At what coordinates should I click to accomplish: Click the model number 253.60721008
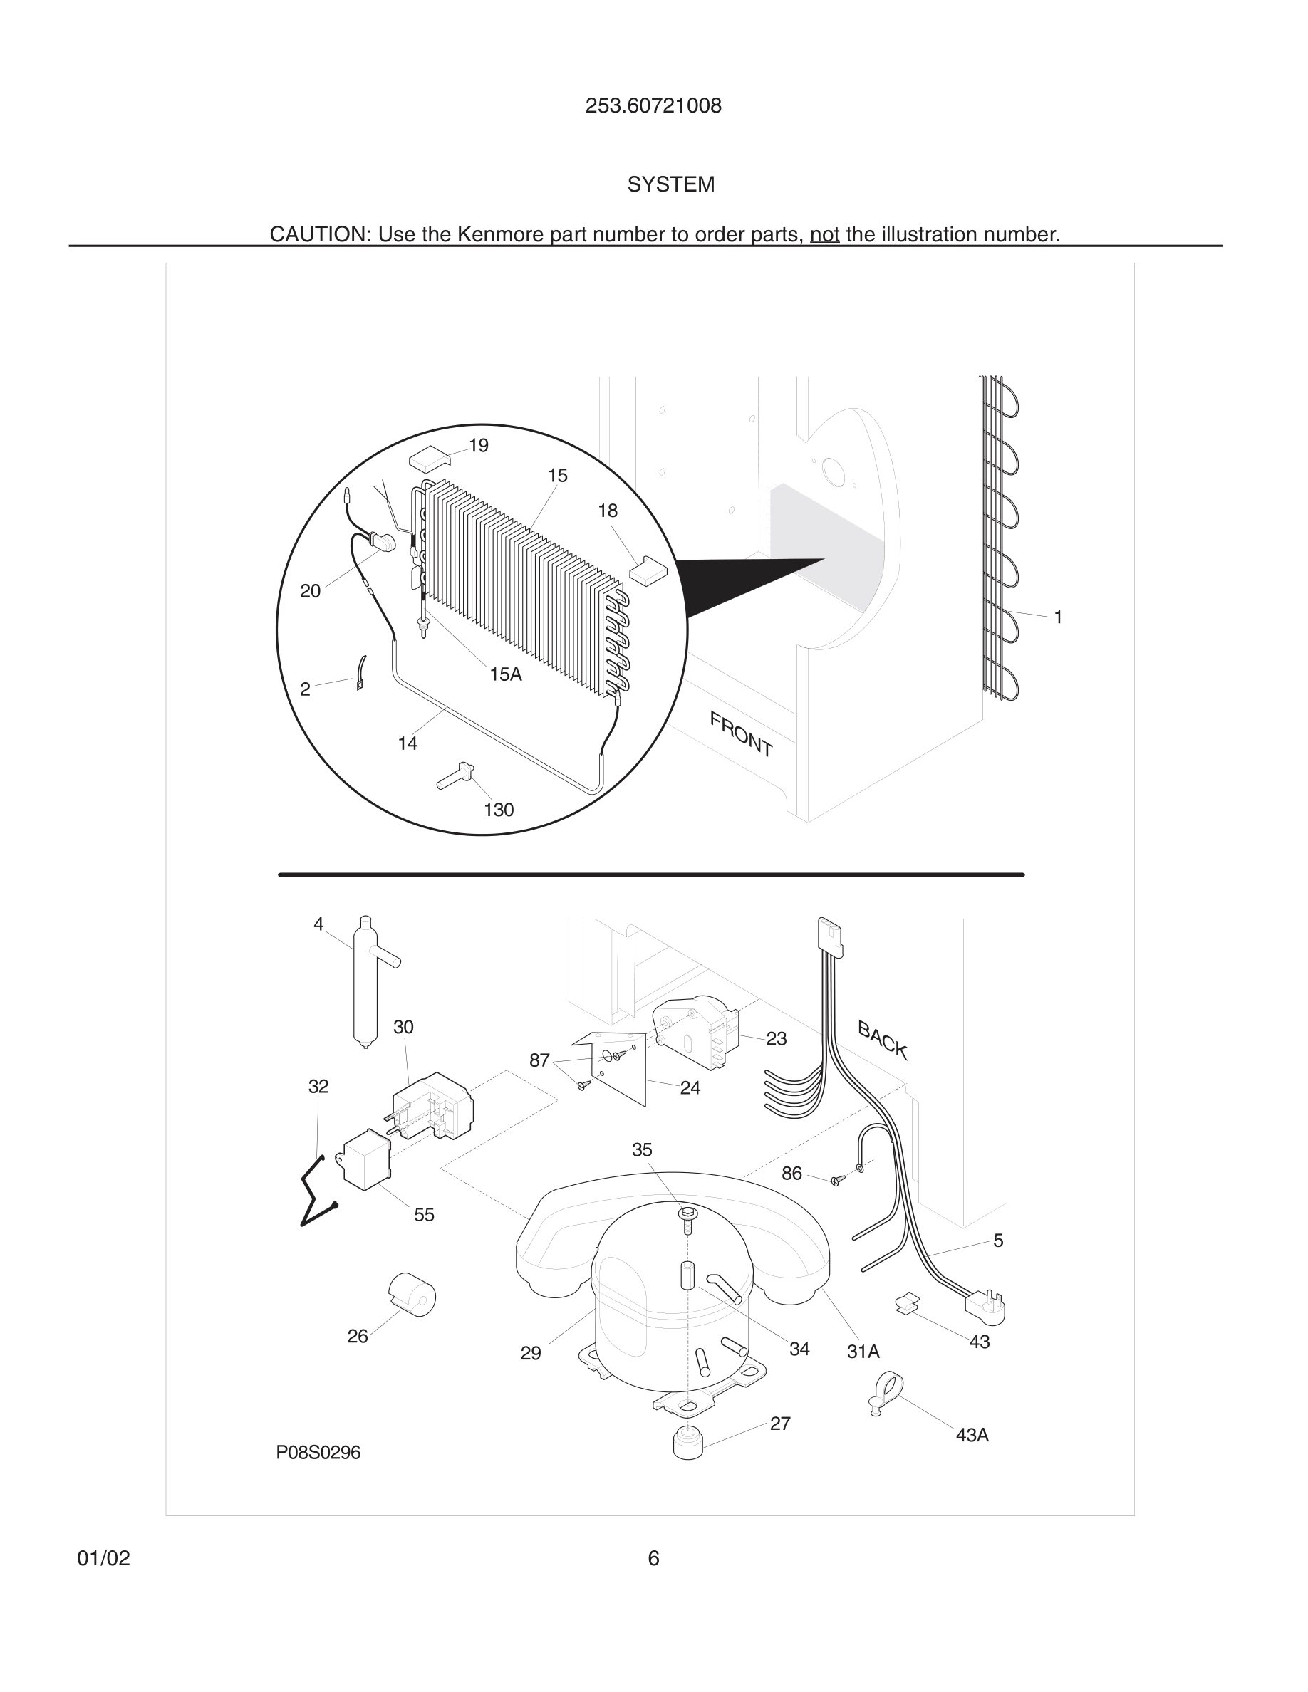653,106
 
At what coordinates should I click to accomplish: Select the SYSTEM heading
670,184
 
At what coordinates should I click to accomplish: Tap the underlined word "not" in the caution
824,234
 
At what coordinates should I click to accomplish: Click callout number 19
478,446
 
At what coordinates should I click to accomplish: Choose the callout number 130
498,810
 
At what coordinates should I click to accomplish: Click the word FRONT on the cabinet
741,734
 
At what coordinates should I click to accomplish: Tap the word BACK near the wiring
882,1040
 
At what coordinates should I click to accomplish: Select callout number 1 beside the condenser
1058,617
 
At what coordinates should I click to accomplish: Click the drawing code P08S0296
318,1453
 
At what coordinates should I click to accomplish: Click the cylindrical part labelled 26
412,1294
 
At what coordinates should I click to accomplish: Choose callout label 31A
863,1352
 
